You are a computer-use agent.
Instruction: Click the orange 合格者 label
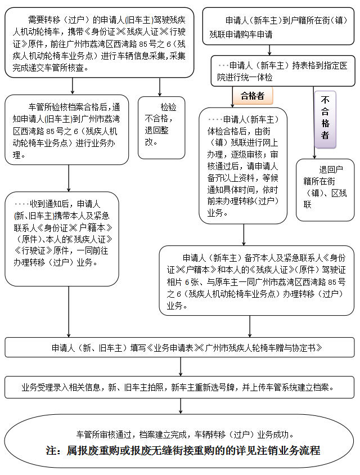pyautogui.click(x=252, y=96)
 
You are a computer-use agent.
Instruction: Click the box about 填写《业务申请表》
pyautogui.click(x=180, y=347)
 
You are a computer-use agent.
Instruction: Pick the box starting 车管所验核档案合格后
pyautogui.click(x=67, y=129)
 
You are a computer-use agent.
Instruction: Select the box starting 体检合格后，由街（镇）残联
pyautogui.click(x=243, y=166)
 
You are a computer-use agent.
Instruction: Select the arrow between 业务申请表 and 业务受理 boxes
pyautogui.click(x=180, y=367)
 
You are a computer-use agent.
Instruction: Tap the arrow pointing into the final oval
pyautogui.click(x=180, y=406)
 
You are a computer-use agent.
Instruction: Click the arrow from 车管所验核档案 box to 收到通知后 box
pyautogui.click(x=68, y=179)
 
